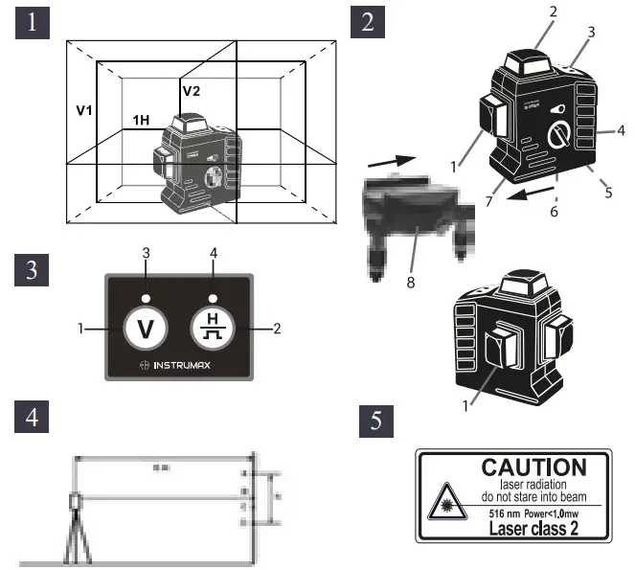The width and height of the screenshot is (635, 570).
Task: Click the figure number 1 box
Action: tap(32, 23)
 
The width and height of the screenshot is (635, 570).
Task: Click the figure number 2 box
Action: tap(366, 23)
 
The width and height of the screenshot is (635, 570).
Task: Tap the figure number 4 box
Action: tap(32, 419)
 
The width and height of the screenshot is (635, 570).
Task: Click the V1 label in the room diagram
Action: tap(85, 110)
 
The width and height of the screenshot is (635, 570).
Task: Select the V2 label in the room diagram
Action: tap(193, 91)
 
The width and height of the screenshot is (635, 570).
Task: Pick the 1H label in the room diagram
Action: tap(141, 121)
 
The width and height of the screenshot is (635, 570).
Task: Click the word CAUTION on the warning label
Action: tap(533, 468)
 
